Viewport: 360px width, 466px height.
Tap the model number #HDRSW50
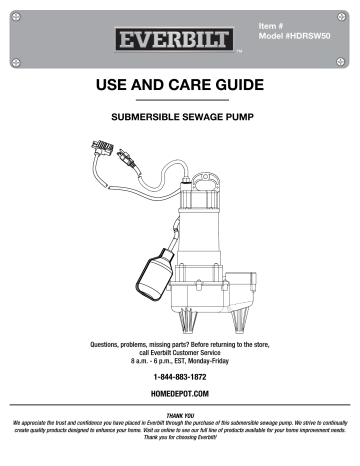pyautogui.click(x=290, y=36)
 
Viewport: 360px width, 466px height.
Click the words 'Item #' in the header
pyautogui.click(x=272, y=24)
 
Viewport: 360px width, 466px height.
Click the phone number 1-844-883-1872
pyautogui.click(x=179, y=378)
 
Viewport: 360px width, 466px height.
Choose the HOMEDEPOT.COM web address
pyautogui.click(x=179, y=395)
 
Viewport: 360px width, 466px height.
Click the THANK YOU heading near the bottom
pyautogui.click(x=180, y=415)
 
